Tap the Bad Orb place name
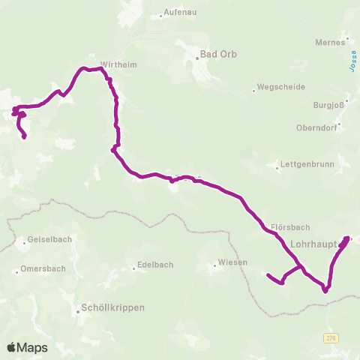(x=217, y=54)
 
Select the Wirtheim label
(x=114, y=64)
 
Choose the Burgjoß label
(x=327, y=106)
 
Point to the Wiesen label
(x=231, y=262)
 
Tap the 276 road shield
(x=331, y=339)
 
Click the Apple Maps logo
(x=27, y=347)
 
